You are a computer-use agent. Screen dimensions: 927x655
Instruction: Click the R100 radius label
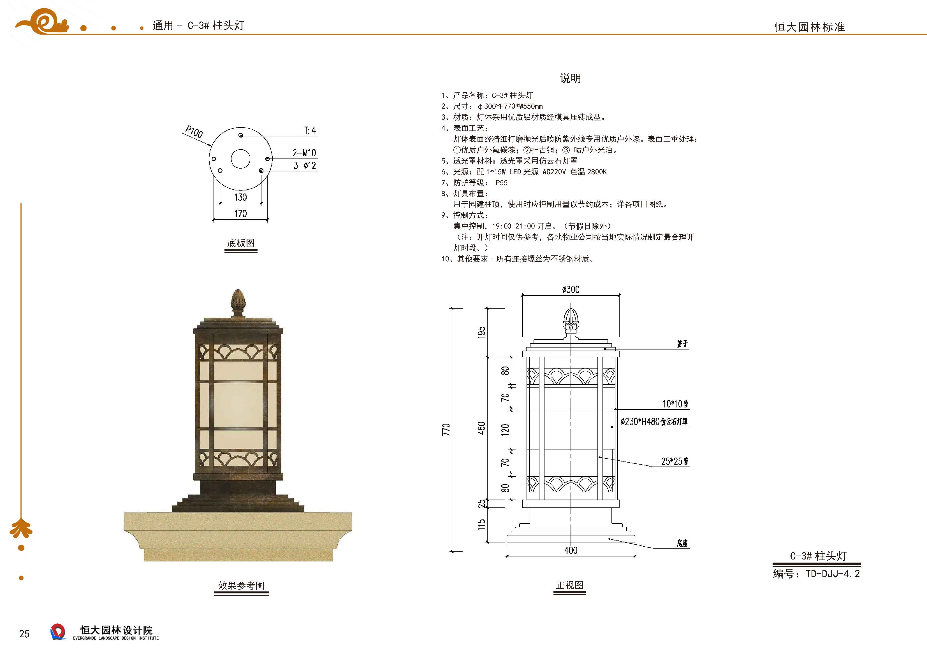click(x=194, y=132)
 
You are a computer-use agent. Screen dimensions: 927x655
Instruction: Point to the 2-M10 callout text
click(x=304, y=153)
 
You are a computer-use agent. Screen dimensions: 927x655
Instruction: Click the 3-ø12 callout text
click(x=304, y=166)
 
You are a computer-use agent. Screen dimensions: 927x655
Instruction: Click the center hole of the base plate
click(x=241, y=158)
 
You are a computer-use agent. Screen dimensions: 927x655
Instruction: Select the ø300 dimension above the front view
click(x=571, y=289)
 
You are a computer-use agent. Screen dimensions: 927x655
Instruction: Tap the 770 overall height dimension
click(x=446, y=429)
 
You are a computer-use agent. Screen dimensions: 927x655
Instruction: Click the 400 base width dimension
click(x=571, y=550)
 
